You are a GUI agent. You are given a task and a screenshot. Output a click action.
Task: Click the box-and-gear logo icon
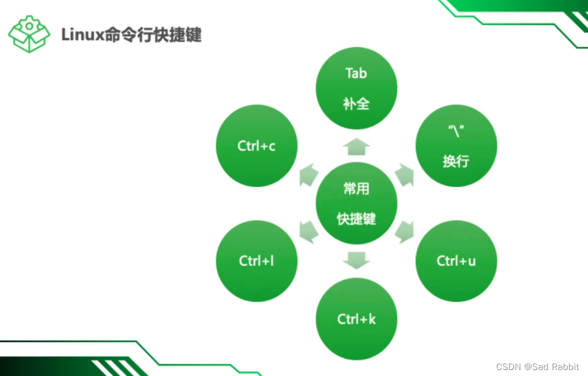point(29,34)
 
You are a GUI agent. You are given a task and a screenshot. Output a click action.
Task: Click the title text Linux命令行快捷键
point(131,35)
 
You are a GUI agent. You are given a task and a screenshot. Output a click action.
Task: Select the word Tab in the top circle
point(356,73)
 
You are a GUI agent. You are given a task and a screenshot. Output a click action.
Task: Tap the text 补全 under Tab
point(356,104)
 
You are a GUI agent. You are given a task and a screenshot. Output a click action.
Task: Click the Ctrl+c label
point(256,146)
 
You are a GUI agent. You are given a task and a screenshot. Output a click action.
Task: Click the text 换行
point(456,161)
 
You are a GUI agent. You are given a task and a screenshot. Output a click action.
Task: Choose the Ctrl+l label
point(256,260)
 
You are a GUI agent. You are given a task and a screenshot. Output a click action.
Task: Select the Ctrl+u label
point(456,260)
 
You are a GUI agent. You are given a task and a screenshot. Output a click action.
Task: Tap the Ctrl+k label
point(356,319)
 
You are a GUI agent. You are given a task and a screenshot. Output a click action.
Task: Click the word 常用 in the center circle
point(356,189)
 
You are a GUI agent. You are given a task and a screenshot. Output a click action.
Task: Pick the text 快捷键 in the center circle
point(356,219)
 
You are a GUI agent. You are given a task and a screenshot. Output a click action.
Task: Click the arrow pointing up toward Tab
point(356,147)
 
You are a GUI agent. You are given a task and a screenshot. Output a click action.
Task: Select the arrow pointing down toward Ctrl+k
point(356,260)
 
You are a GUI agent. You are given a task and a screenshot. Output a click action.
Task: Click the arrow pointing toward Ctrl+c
point(309,175)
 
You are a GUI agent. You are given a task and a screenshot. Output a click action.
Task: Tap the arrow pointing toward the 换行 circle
point(405,175)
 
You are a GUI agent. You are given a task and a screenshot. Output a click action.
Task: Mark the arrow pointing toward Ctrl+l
point(309,231)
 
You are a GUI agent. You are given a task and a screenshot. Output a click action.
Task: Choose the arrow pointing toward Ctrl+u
point(405,231)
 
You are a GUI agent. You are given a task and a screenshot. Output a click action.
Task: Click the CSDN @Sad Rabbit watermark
point(537,366)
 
